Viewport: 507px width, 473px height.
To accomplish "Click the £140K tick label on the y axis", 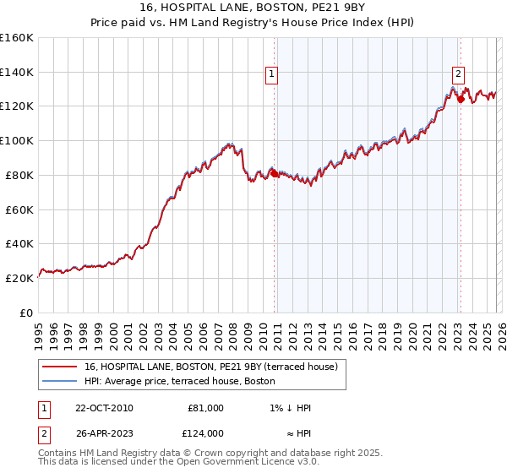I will coord(17,72).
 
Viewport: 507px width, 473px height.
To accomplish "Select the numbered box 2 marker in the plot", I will coord(458,73).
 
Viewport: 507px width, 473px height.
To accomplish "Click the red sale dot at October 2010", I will coord(275,173).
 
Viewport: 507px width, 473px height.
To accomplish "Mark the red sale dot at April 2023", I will coord(461,100).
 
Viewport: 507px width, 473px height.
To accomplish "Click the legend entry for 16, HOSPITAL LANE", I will coord(211,367).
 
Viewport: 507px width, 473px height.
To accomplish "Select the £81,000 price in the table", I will coord(205,408).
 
